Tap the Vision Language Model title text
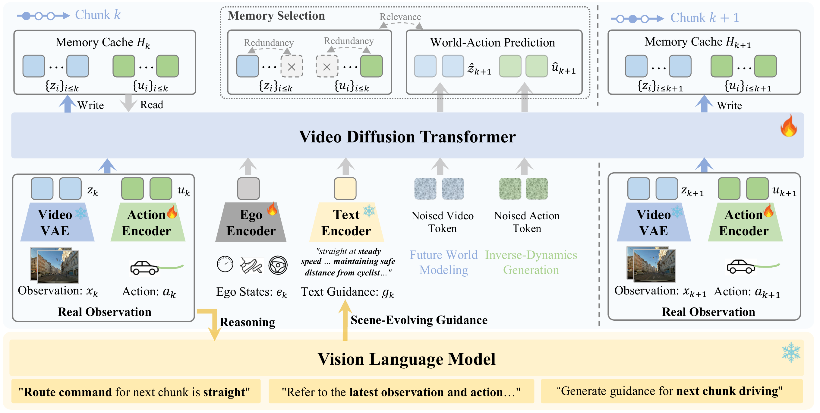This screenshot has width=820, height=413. coord(406,359)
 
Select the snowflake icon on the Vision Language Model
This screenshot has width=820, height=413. coord(791,352)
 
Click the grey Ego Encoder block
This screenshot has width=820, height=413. coord(251,222)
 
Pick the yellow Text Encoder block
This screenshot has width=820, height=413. coord(346,222)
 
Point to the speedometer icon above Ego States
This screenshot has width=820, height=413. coord(225,264)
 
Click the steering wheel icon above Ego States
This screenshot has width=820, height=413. coord(278,265)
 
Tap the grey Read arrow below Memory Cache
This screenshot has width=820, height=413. coord(128,103)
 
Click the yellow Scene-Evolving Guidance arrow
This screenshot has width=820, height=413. coord(345,320)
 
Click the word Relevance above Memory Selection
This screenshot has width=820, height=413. coord(400,17)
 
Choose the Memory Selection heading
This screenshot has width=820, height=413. coord(276,16)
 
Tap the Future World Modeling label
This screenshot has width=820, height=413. coord(443,262)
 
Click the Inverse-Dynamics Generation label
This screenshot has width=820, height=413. coord(531,262)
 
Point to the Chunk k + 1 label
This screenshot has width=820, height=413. coord(705,18)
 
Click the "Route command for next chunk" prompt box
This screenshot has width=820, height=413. coord(136,391)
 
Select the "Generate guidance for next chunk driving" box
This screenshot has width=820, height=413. coord(672,391)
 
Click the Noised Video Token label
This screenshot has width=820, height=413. coord(443,222)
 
